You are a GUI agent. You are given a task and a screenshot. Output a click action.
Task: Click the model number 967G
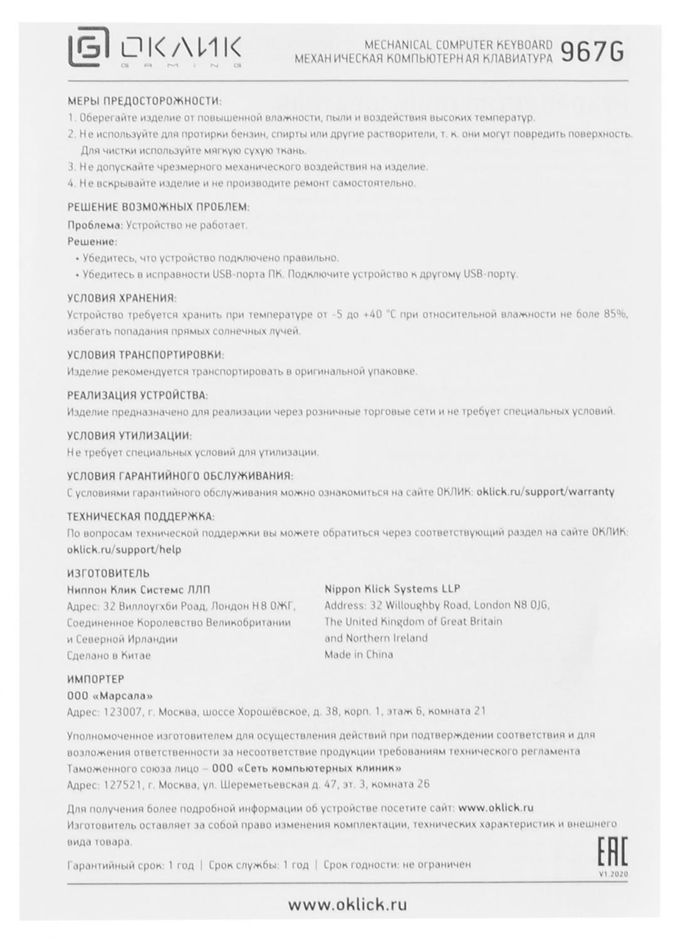[x=592, y=51]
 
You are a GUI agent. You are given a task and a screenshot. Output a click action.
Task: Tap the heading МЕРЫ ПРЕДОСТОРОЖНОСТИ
[x=144, y=101]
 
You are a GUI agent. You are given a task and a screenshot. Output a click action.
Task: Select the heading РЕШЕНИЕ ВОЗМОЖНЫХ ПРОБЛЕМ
[x=158, y=207]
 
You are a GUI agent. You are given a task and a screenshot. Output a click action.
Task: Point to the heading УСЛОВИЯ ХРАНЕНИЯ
[x=122, y=298]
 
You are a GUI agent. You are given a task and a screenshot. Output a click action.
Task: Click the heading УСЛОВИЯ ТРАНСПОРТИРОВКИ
[x=145, y=355]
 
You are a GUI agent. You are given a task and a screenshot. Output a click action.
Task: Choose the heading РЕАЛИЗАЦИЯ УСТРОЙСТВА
[x=137, y=396]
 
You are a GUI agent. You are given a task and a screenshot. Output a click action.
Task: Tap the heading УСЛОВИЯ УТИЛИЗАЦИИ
[x=129, y=436]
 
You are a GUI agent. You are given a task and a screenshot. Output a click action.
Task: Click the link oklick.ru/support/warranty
[x=545, y=491]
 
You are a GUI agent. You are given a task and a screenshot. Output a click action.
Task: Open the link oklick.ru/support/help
[x=123, y=550]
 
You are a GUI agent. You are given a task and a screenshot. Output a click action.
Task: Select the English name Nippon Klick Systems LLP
[x=392, y=588]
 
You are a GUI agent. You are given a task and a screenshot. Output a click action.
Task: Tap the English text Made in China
[x=358, y=655]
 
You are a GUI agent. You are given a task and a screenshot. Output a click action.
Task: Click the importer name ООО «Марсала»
[x=110, y=695]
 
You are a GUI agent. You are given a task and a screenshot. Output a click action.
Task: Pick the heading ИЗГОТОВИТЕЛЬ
[x=108, y=573]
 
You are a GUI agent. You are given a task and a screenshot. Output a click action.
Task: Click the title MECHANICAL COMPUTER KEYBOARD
[x=458, y=45]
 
